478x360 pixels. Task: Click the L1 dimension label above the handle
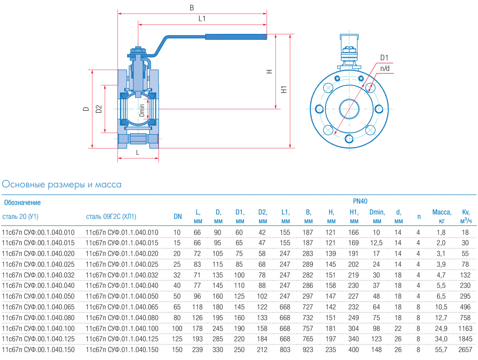click(202, 19)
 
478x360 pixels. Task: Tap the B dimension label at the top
click(192, 8)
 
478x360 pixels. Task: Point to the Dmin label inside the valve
click(142, 110)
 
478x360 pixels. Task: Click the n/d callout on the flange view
click(385, 68)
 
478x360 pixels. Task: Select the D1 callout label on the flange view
click(384, 58)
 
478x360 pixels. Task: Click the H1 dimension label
click(284, 89)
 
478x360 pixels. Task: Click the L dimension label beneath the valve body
click(137, 152)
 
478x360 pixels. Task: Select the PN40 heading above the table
click(360, 202)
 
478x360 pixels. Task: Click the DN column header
click(178, 217)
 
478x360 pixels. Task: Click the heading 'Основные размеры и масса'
click(62, 185)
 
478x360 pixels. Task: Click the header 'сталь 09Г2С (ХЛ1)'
click(111, 217)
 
